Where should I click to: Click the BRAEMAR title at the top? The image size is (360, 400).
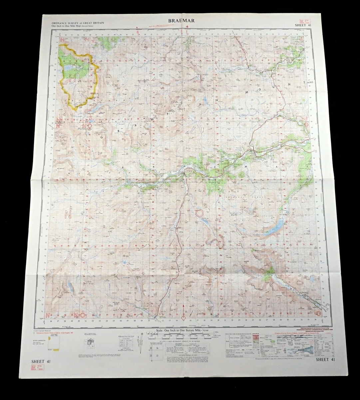tap(181, 21)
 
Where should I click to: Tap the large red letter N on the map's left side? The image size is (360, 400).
tap(68, 215)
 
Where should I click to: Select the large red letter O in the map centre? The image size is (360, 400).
tap(200, 213)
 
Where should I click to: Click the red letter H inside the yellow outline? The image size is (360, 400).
tap(72, 78)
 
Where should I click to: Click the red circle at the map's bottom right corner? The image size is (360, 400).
tap(318, 313)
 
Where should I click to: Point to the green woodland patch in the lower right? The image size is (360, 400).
tap(268, 274)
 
